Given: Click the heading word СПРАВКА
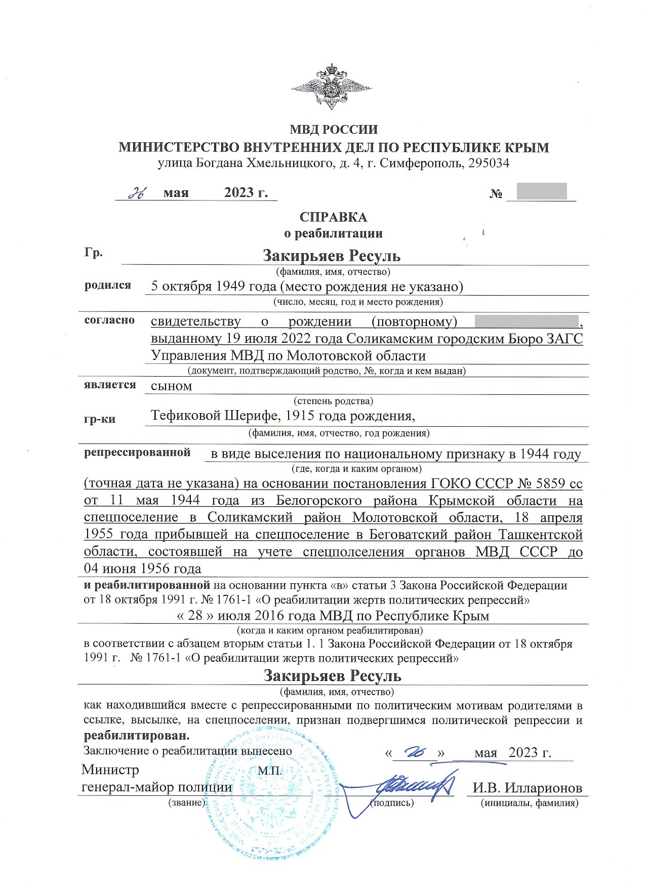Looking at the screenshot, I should click(x=333, y=217).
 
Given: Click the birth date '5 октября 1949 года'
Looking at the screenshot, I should click(x=214, y=287).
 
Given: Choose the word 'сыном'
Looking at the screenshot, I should click(x=172, y=386).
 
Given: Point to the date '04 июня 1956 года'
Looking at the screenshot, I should click(x=143, y=569).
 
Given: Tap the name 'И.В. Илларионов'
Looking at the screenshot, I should click(x=527, y=788).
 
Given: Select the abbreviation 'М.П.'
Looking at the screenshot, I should click(x=270, y=771).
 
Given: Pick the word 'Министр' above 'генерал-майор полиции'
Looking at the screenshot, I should click(x=110, y=771).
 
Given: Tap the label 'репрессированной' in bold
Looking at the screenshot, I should click(x=137, y=453).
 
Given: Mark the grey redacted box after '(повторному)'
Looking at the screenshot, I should click(x=527, y=322).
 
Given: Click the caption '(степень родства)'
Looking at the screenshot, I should click(x=333, y=401).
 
